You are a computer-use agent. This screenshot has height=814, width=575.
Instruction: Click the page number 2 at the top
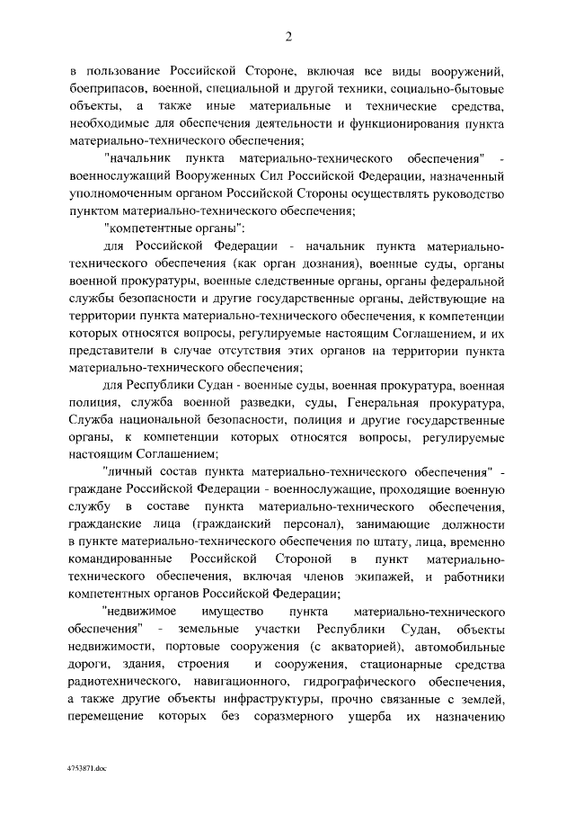coord(288,37)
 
